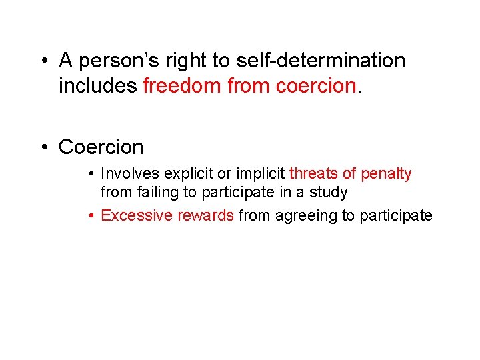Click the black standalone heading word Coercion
point(101,147)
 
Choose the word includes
point(98,87)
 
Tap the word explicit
point(187,174)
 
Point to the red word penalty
point(386,174)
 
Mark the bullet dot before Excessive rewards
point(91,215)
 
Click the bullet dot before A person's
point(43,61)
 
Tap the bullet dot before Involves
point(91,174)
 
